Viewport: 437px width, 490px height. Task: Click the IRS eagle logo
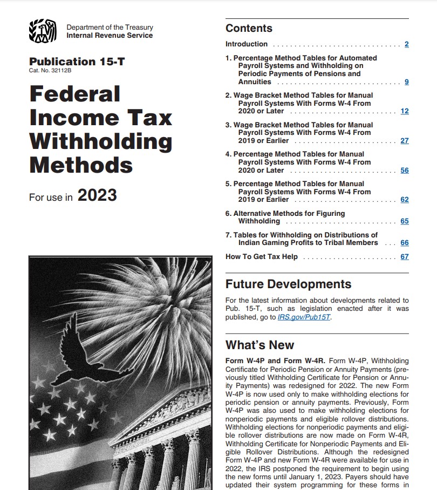tap(42, 31)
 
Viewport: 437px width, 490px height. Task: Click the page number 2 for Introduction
tap(406, 44)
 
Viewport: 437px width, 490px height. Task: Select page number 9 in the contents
tap(406, 82)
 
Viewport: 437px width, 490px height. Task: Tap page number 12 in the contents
tap(405, 111)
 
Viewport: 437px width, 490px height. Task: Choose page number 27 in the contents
tap(405, 141)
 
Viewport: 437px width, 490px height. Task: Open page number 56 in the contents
tap(405, 171)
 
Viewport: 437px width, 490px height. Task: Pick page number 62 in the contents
tap(405, 200)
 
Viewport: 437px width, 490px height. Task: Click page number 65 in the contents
tap(405, 221)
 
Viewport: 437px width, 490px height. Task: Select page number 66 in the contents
tap(405, 243)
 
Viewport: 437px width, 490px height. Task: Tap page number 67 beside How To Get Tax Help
tap(405, 257)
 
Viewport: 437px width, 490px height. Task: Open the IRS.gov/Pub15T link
tap(304, 317)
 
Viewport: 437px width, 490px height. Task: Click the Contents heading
tap(249, 29)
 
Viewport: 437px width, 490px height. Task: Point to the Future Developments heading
tap(288, 284)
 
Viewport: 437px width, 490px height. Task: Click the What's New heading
tap(260, 345)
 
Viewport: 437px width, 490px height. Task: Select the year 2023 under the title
tap(97, 195)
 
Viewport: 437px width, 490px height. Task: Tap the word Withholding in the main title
tap(100, 141)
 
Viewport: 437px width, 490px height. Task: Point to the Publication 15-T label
tap(77, 62)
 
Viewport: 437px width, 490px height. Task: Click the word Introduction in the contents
tap(247, 44)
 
